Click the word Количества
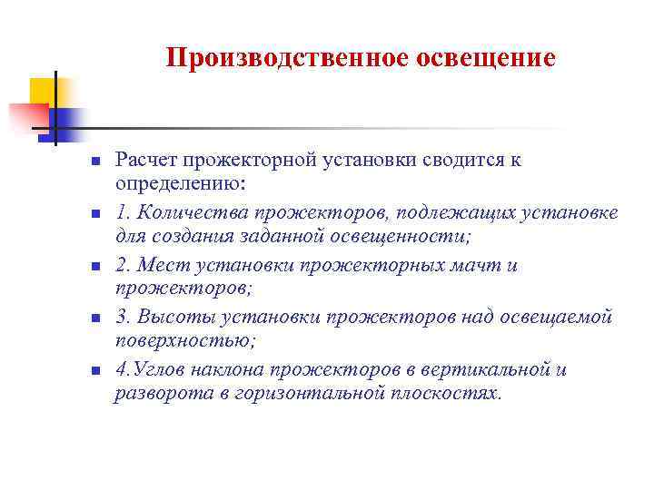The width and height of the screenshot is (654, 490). [x=191, y=212]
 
